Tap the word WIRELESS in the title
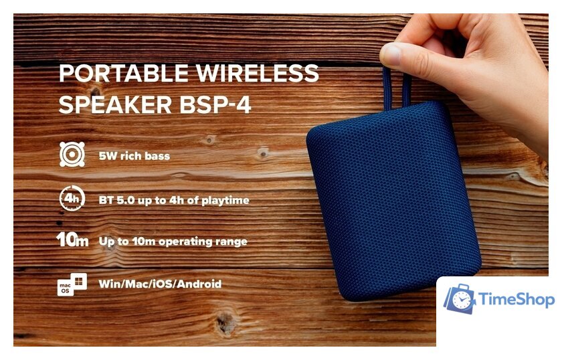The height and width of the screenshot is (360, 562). (258, 73)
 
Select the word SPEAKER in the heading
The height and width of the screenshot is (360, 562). (115, 104)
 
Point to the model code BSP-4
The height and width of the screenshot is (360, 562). (215, 104)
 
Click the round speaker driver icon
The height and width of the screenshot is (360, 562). (72, 154)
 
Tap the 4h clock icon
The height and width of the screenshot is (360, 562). (72, 198)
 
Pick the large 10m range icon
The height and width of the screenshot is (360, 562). (72, 240)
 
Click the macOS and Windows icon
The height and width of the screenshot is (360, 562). (72, 284)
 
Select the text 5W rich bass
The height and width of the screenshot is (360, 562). (134, 156)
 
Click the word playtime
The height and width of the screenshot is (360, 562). (225, 201)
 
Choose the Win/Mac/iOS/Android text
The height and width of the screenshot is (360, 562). (160, 284)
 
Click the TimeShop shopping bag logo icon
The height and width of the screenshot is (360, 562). (460, 298)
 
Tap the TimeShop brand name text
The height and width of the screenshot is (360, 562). (517, 299)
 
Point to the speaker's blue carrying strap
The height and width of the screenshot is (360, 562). (397, 88)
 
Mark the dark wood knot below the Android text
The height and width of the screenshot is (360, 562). (225, 323)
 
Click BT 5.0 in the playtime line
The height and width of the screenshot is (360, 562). (117, 200)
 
